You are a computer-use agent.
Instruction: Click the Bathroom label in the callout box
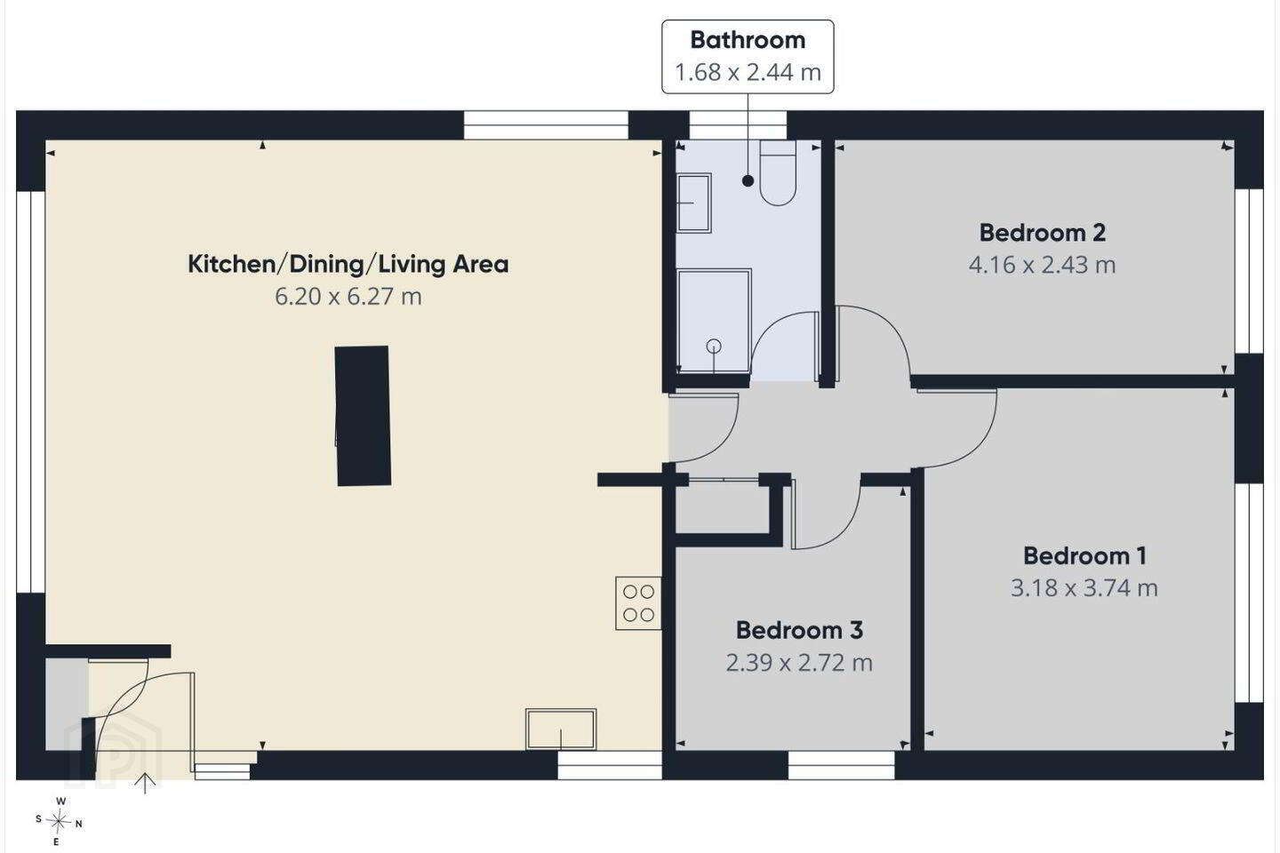click(748, 40)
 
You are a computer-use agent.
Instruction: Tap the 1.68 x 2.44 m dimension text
click(748, 73)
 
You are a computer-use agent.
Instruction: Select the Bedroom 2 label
click(1043, 233)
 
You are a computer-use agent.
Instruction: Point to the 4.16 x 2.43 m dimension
click(1043, 265)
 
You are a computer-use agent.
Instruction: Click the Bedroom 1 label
click(1084, 556)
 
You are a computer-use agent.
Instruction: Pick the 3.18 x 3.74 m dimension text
click(1084, 588)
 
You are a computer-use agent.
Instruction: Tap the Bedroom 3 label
click(799, 630)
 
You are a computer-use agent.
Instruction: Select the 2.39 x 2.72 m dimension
click(799, 663)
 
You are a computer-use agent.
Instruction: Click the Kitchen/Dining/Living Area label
click(348, 265)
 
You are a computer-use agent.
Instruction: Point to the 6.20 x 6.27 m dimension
click(348, 297)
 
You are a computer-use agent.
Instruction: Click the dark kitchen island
click(363, 416)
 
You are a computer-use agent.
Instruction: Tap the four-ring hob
click(638, 603)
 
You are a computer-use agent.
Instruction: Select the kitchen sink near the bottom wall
click(561, 729)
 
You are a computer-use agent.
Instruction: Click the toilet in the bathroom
click(778, 173)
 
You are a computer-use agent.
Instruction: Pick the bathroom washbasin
click(693, 203)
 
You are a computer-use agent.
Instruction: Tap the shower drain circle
click(714, 347)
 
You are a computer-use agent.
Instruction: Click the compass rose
click(59, 822)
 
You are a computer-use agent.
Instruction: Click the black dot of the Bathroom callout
click(748, 181)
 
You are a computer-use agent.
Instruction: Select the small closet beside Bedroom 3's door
click(723, 508)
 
